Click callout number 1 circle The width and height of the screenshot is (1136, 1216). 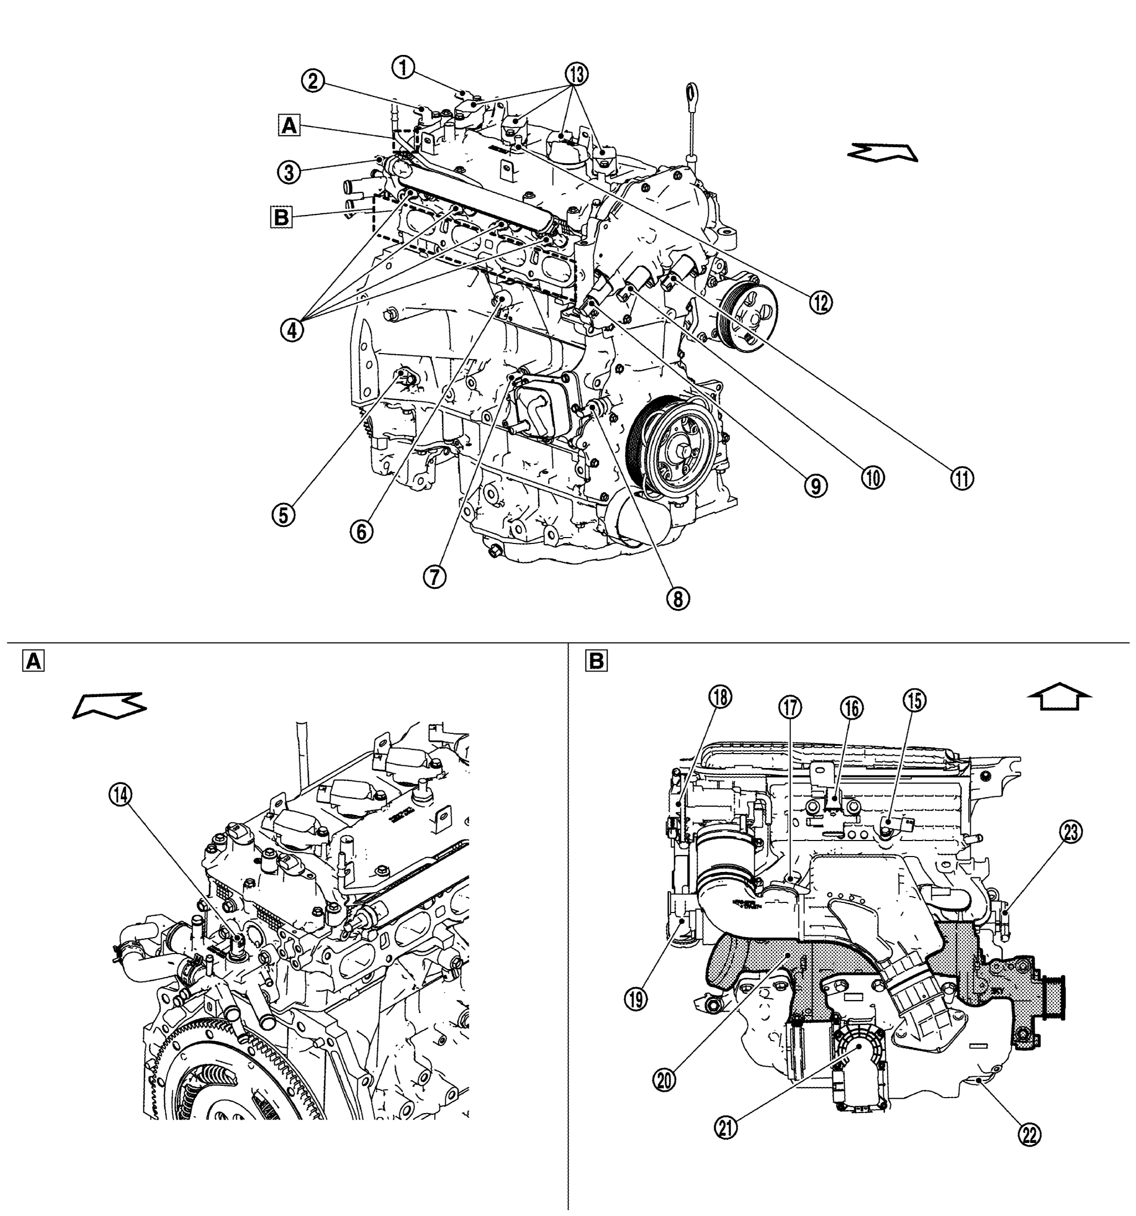point(403,67)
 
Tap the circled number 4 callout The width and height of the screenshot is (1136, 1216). point(292,330)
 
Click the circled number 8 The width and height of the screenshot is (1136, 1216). point(678,598)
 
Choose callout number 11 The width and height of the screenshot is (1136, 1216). point(962,478)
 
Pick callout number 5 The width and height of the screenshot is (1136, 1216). point(283,515)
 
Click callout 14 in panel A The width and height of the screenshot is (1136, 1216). point(120,795)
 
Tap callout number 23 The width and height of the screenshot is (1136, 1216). point(1070,832)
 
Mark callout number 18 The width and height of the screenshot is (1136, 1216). point(721,697)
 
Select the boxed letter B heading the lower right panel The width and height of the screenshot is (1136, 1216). point(596,661)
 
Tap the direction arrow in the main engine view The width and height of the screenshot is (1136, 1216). point(883,151)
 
